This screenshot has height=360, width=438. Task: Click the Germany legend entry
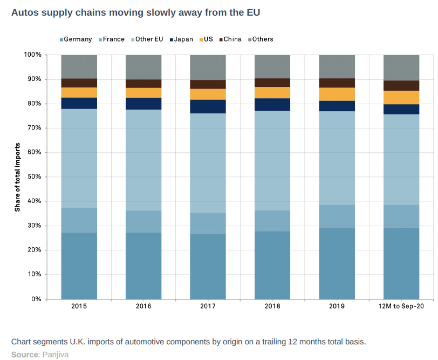[78, 39]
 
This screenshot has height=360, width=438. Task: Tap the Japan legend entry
[183, 39]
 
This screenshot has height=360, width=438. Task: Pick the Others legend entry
[262, 39]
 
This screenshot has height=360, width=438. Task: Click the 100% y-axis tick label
[32, 55]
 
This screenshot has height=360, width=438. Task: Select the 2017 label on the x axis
[208, 306]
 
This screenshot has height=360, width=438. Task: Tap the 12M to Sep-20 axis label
[401, 306]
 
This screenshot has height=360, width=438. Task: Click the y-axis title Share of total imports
[18, 177]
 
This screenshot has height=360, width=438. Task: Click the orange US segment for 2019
[337, 94]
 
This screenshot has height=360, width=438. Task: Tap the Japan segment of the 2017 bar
[208, 106]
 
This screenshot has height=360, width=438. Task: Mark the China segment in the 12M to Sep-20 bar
[401, 85]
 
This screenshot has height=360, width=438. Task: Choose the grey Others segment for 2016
[143, 67]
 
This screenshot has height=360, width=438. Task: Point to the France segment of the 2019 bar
[337, 216]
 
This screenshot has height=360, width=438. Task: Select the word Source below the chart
[24, 355]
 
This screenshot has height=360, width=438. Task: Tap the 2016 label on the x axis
[143, 306]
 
